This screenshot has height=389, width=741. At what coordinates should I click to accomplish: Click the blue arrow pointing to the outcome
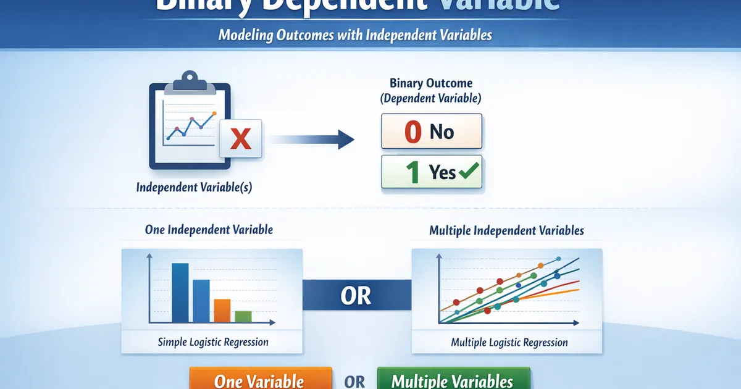coord(312,139)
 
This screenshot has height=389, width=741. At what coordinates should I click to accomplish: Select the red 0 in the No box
coord(412,132)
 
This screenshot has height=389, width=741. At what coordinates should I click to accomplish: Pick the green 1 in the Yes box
coord(412,172)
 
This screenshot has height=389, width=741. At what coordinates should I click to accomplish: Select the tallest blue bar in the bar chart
coord(180,293)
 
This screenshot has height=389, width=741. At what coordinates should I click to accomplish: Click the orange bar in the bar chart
coord(222,311)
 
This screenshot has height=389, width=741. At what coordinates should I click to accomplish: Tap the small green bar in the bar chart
coord(243,316)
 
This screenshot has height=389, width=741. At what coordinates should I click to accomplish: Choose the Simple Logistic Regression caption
coord(213,341)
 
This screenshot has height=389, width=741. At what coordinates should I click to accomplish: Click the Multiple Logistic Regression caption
coord(509,342)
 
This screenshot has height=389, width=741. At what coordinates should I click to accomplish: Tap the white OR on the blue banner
coord(356,296)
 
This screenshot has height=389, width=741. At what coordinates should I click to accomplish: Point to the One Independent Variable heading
coord(209,230)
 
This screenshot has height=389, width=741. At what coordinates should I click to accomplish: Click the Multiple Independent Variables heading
coord(506,231)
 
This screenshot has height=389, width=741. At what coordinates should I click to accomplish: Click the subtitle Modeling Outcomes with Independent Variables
coord(355,35)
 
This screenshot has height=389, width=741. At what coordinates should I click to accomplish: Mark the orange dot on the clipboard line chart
coord(214,114)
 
